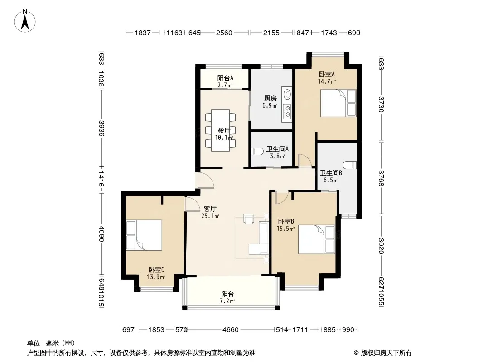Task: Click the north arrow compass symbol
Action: pyautogui.click(x=25, y=21)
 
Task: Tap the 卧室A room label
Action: pyautogui.click(x=327, y=74)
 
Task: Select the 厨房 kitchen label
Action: pyautogui.click(x=270, y=99)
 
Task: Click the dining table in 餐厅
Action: pyautogui.click(x=221, y=130)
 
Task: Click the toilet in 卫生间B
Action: pyautogui.click(x=350, y=165)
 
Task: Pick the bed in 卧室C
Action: pyautogui.click(x=144, y=235)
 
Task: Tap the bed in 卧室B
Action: pyautogui.click(x=316, y=239)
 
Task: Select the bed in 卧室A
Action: pyautogui.click(x=338, y=103)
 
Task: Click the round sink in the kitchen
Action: pyautogui.click(x=287, y=94)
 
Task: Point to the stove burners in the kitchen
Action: pyautogui.click(x=287, y=112)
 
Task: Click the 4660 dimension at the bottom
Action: pyautogui.click(x=231, y=330)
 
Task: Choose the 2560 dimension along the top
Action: pyautogui.click(x=224, y=33)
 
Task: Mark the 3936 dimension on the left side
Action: pyautogui.click(x=101, y=128)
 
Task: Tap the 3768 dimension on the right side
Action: pyautogui.click(x=381, y=178)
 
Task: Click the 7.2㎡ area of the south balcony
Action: pyautogui.click(x=227, y=301)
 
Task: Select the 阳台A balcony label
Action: pyautogui.click(x=225, y=78)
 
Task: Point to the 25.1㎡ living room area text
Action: pyautogui.click(x=210, y=216)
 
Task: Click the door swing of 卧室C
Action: pyautogui.click(x=192, y=204)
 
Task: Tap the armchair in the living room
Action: pyautogui.click(x=248, y=219)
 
